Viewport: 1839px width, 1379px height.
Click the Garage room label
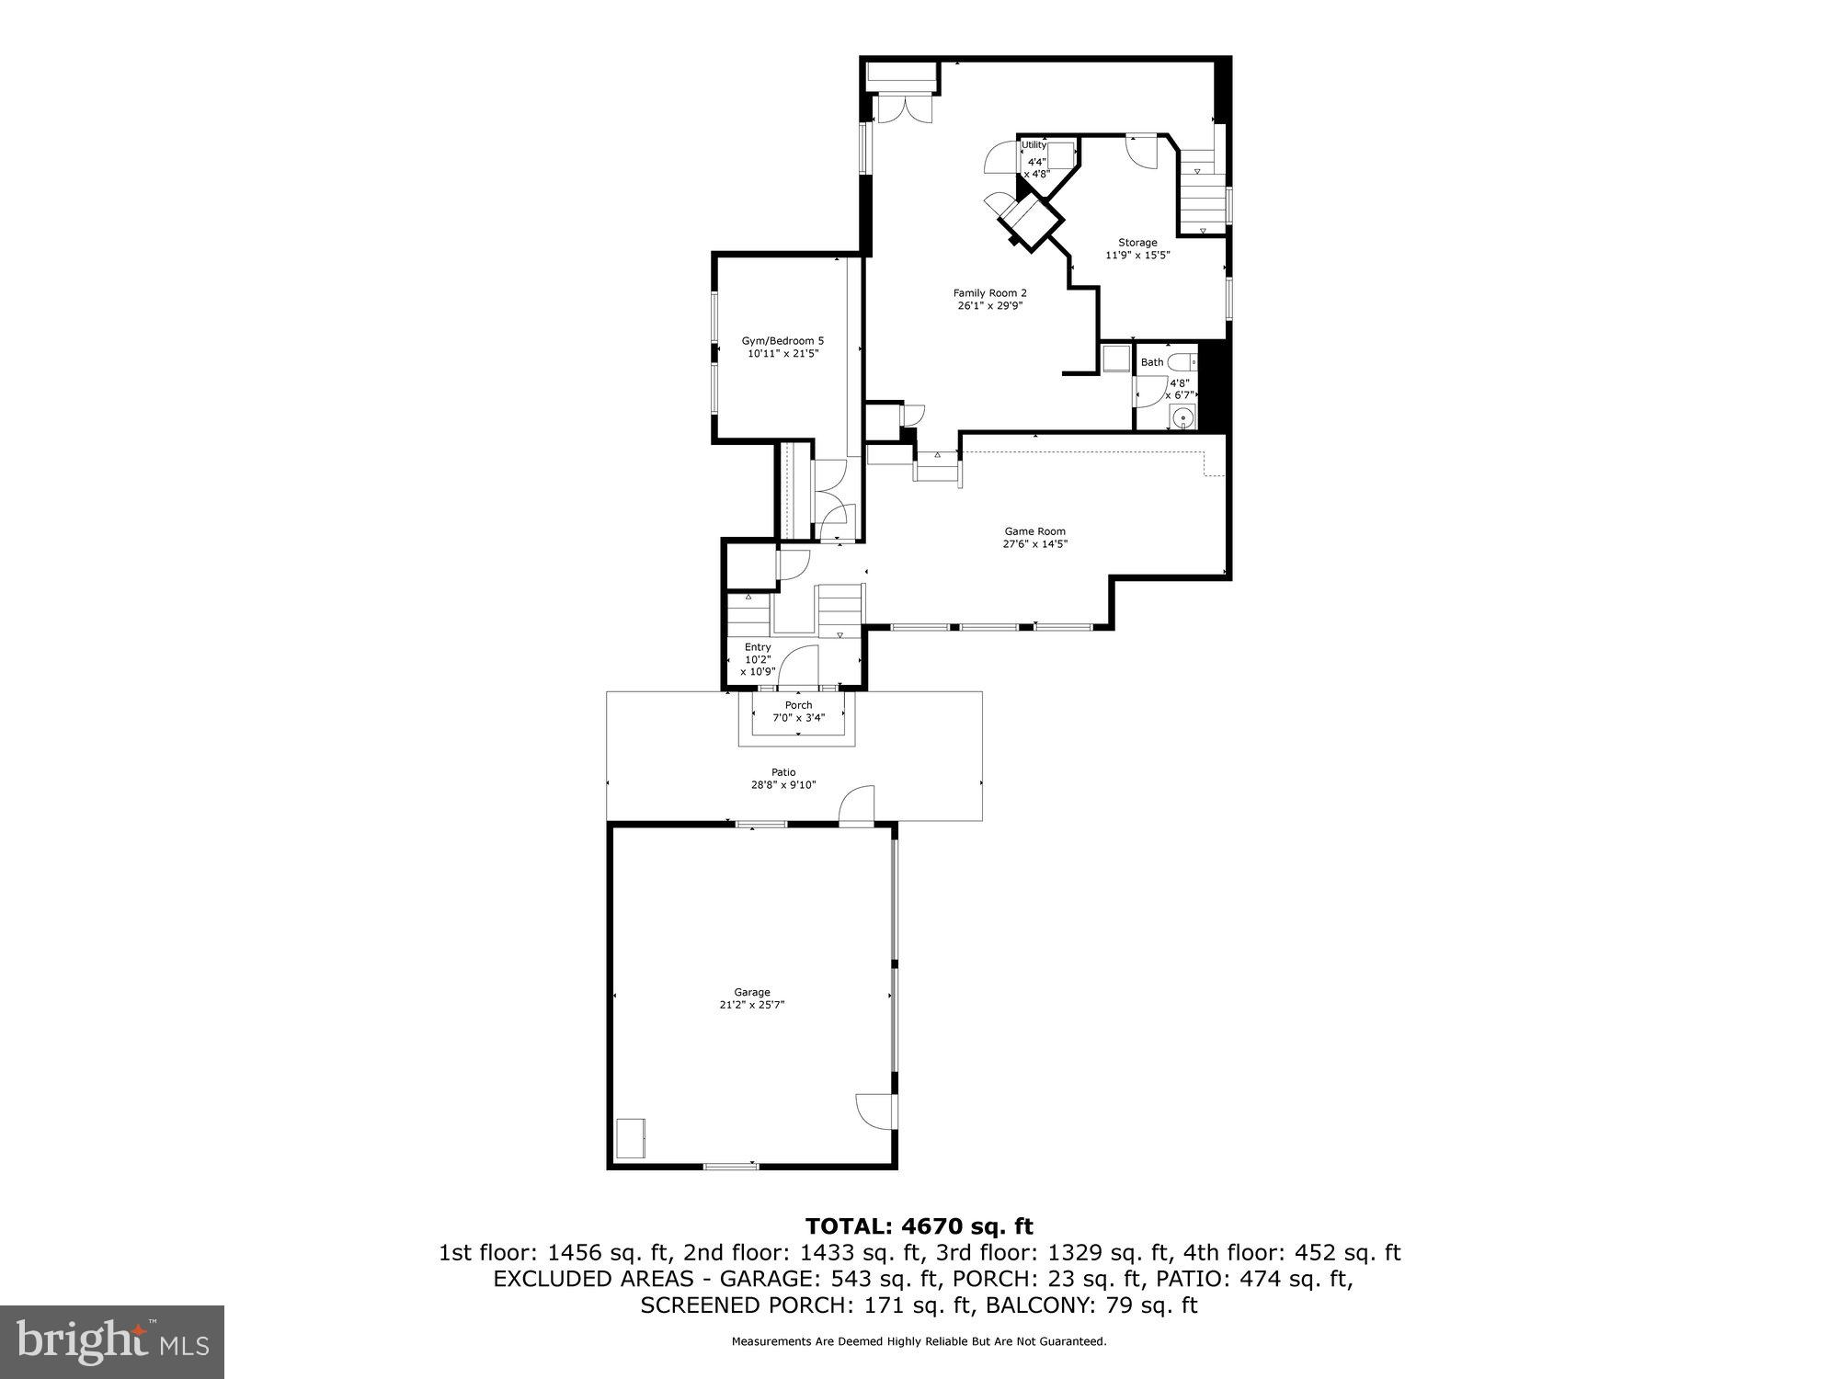pyautogui.click(x=751, y=998)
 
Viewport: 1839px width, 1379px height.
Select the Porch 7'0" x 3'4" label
pyautogui.click(x=798, y=712)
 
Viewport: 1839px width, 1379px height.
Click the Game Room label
pyautogui.click(x=1034, y=537)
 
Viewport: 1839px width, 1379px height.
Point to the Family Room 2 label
pyautogui.click(x=989, y=299)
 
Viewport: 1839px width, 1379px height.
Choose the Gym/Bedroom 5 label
pyautogui.click(x=782, y=347)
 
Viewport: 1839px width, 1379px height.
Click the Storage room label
pyautogui.click(x=1137, y=248)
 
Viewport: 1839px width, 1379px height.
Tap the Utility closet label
pyautogui.click(x=1034, y=145)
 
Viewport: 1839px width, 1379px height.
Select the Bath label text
pyautogui.click(x=1152, y=362)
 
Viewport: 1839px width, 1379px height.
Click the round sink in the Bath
pyautogui.click(x=1183, y=418)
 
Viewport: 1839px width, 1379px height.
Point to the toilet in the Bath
pyautogui.click(x=1182, y=362)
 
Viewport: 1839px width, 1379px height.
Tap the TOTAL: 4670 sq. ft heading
pyautogui.click(x=919, y=1226)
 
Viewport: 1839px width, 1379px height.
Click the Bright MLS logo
pyautogui.click(x=112, y=1341)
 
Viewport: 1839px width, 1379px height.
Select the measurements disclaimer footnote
pyautogui.click(x=919, y=1341)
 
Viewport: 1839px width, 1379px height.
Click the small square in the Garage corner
pyautogui.click(x=631, y=1138)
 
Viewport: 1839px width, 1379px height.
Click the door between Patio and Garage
pyautogui.click(x=857, y=805)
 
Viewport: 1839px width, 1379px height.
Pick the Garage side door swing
pyautogui.click(x=874, y=1111)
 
